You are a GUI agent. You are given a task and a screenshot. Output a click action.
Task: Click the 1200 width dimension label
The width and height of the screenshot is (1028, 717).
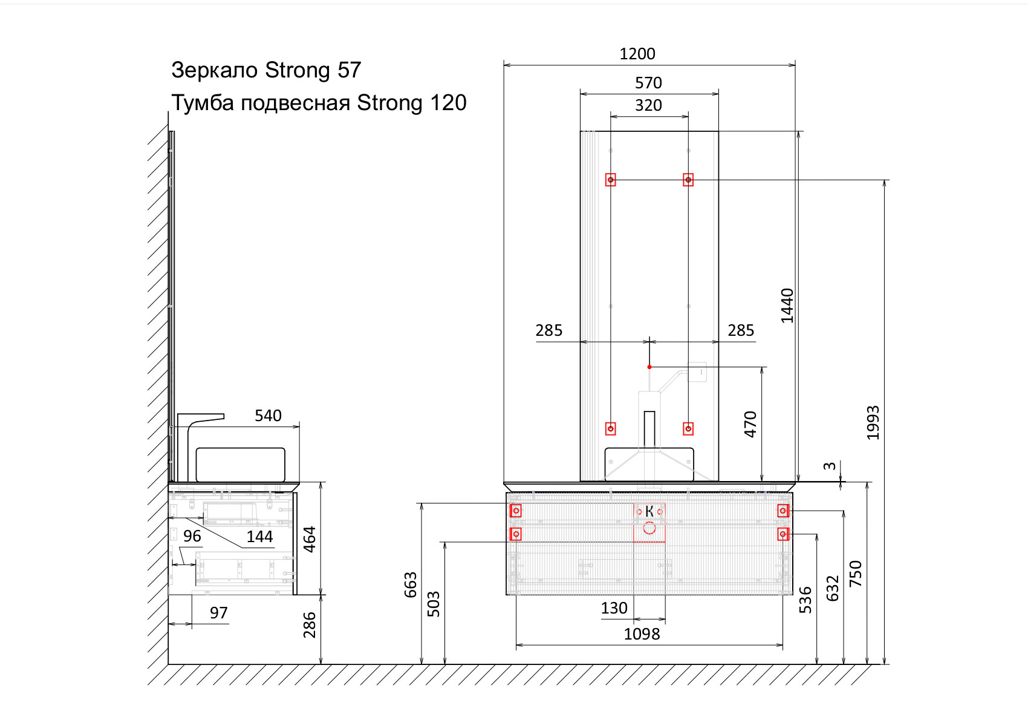pos(637,54)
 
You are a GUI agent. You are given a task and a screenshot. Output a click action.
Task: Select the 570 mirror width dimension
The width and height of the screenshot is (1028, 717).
pos(648,83)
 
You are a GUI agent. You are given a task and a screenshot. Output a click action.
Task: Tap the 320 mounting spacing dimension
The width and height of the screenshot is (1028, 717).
pos(648,105)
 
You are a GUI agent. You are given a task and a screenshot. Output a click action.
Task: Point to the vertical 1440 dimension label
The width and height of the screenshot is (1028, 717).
pos(787,306)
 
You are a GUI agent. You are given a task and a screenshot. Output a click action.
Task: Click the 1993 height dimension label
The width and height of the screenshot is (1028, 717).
pos(873,422)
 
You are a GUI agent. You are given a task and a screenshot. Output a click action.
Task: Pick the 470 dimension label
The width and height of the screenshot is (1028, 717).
pos(750,424)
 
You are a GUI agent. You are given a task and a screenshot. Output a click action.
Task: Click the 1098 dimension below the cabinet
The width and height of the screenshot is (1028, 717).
pos(642,634)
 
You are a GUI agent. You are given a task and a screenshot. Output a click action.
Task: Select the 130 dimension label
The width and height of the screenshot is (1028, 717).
pos(614,608)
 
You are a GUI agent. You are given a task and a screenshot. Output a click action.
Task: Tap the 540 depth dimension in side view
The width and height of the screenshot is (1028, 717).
pos(268,416)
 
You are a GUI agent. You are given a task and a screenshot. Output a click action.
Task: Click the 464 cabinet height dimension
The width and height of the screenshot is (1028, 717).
pos(310,539)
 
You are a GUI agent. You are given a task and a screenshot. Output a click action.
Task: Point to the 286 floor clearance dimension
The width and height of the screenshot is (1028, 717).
pos(310,625)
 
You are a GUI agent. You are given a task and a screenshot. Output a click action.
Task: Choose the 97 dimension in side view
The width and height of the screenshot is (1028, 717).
pos(219,613)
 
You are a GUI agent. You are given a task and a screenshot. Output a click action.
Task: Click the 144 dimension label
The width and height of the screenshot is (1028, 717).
pos(259,537)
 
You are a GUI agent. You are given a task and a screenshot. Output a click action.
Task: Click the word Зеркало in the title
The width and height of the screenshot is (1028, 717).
pos(215,70)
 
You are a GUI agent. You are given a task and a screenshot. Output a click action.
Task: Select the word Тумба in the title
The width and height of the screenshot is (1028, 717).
pos(203,103)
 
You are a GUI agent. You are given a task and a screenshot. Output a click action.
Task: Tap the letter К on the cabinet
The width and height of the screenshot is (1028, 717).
pos(649,511)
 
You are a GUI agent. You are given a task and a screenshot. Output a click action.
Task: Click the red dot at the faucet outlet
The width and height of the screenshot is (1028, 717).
pos(649,367)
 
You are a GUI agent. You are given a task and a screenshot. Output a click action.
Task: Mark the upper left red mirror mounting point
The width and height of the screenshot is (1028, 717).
pos(611,180)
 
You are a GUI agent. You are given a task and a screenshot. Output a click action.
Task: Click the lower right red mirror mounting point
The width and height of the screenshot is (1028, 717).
pos(688,429)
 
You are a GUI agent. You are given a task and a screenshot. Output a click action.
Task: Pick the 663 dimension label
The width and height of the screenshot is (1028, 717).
pos(411,584)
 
